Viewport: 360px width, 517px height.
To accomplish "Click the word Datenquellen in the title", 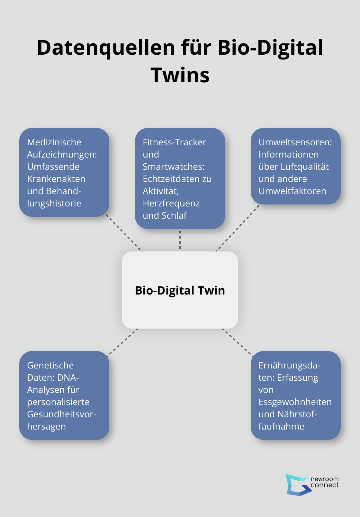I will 106,48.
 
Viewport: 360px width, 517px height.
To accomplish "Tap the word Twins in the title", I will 180,75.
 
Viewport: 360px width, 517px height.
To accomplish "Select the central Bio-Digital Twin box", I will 180,290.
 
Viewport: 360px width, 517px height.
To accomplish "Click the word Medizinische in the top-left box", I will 54,142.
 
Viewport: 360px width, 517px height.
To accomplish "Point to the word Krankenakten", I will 56,179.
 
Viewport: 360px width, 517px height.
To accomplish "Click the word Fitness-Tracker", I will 174,142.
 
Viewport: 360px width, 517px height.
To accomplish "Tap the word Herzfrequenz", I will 171,203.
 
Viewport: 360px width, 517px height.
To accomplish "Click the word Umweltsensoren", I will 295,142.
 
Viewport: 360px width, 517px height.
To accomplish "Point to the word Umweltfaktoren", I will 292,191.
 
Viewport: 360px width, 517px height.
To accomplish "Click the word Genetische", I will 50,365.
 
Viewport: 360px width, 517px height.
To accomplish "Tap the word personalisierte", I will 58,402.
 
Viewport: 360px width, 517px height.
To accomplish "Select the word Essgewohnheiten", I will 295,402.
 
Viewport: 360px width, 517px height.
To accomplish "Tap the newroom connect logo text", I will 324,482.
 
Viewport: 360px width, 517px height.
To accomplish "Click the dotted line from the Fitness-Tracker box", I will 180,240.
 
